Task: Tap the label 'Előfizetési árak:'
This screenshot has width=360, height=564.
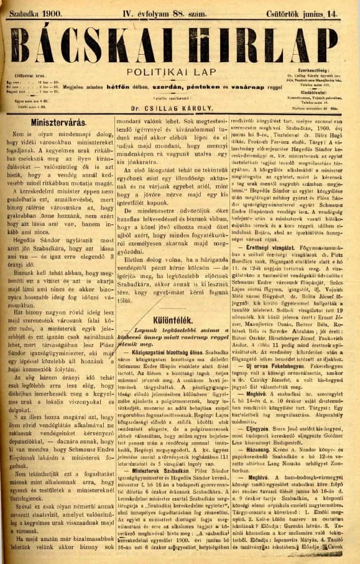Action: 24,77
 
